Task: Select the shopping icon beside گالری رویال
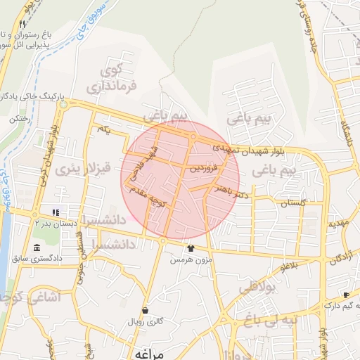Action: pos(145,310)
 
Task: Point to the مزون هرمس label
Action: pos(188,259)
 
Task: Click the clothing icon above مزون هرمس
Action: pos(190,248)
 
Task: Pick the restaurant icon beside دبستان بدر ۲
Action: pos(55,212)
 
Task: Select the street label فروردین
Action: pos(205,169)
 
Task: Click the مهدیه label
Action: pos(337,223)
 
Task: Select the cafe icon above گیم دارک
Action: pos(346,295)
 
